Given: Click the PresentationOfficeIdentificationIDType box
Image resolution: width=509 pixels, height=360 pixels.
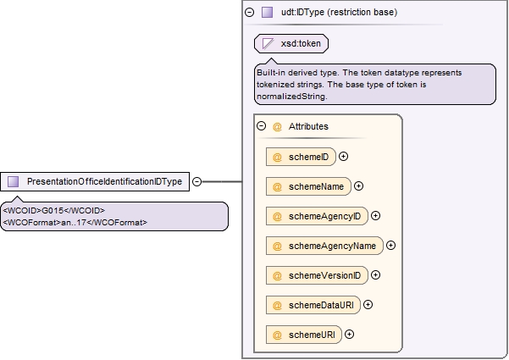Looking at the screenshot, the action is pos(95,181).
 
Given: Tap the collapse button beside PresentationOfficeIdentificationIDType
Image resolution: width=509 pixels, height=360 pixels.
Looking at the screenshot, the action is pos(196,181).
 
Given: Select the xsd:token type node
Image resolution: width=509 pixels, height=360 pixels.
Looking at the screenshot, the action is pos(291,43).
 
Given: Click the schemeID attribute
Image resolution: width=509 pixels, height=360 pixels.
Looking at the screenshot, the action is pos(301,157).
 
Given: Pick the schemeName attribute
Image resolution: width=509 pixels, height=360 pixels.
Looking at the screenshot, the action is pos(308,186).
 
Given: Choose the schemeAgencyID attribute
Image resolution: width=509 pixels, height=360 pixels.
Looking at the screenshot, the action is pos(317,216).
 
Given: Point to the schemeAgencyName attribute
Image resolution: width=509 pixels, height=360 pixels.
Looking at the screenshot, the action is pos(324,246).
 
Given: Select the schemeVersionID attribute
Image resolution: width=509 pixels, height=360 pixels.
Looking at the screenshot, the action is pos(317,275).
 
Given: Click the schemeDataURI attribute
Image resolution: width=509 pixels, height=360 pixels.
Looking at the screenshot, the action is pos(313,305).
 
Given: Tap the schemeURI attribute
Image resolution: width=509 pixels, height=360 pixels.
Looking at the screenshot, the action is pos(304,335).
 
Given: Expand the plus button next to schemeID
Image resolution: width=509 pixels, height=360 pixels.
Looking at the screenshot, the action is pos(343,157).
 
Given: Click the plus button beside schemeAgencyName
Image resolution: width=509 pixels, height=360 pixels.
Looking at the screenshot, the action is pos(390,246).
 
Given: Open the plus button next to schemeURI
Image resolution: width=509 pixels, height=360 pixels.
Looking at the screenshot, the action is pos(349,335).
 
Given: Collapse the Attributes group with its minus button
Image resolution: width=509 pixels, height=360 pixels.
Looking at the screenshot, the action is pos(262,126).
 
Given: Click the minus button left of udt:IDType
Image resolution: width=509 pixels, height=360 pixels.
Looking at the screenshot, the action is pos(249,13).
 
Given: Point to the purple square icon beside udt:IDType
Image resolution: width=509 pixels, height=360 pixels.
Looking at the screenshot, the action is pos(267,13).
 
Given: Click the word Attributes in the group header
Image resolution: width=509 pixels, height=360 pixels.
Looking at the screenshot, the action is pos(308,126).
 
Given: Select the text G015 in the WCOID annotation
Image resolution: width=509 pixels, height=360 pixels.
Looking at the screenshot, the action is pos(53,211).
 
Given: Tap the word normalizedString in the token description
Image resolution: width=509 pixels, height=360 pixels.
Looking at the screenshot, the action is pos(291,97).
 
